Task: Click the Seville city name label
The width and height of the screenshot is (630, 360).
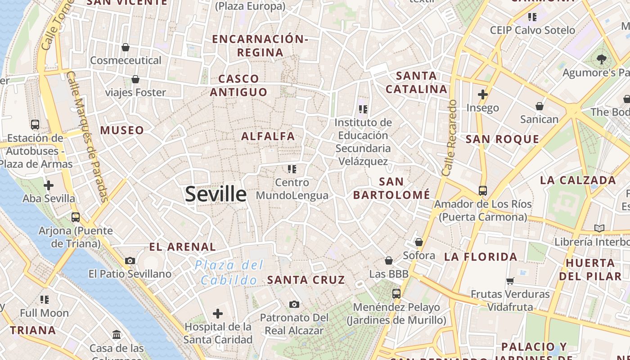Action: point(216,194)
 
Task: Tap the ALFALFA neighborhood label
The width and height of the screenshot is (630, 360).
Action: point(268,136)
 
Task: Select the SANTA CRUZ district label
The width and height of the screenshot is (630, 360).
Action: point(306,279)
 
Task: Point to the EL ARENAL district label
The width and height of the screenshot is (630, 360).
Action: point(182,247)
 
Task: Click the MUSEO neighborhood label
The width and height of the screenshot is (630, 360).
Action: point(122,130)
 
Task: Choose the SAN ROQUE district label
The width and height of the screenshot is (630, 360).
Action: point(502,139)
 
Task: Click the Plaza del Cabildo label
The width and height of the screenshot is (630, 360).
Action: point(229,273)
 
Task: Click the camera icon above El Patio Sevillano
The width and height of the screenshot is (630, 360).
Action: point(130,261)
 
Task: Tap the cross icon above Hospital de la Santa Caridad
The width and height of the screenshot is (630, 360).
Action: point(218,313)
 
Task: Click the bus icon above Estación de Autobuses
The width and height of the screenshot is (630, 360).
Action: point(35,124)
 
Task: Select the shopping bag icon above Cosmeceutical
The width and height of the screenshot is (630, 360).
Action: point(126,47)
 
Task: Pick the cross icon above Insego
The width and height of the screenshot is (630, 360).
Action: point(483,94)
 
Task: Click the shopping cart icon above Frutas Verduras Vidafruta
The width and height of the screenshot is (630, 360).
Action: point(510,281)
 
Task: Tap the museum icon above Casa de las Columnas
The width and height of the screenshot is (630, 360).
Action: point(117,334)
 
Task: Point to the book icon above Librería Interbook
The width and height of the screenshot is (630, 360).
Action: point(599,228)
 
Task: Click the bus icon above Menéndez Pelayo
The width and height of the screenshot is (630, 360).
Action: point(396,293)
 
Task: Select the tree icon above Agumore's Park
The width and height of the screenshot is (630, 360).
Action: point(601,58)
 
